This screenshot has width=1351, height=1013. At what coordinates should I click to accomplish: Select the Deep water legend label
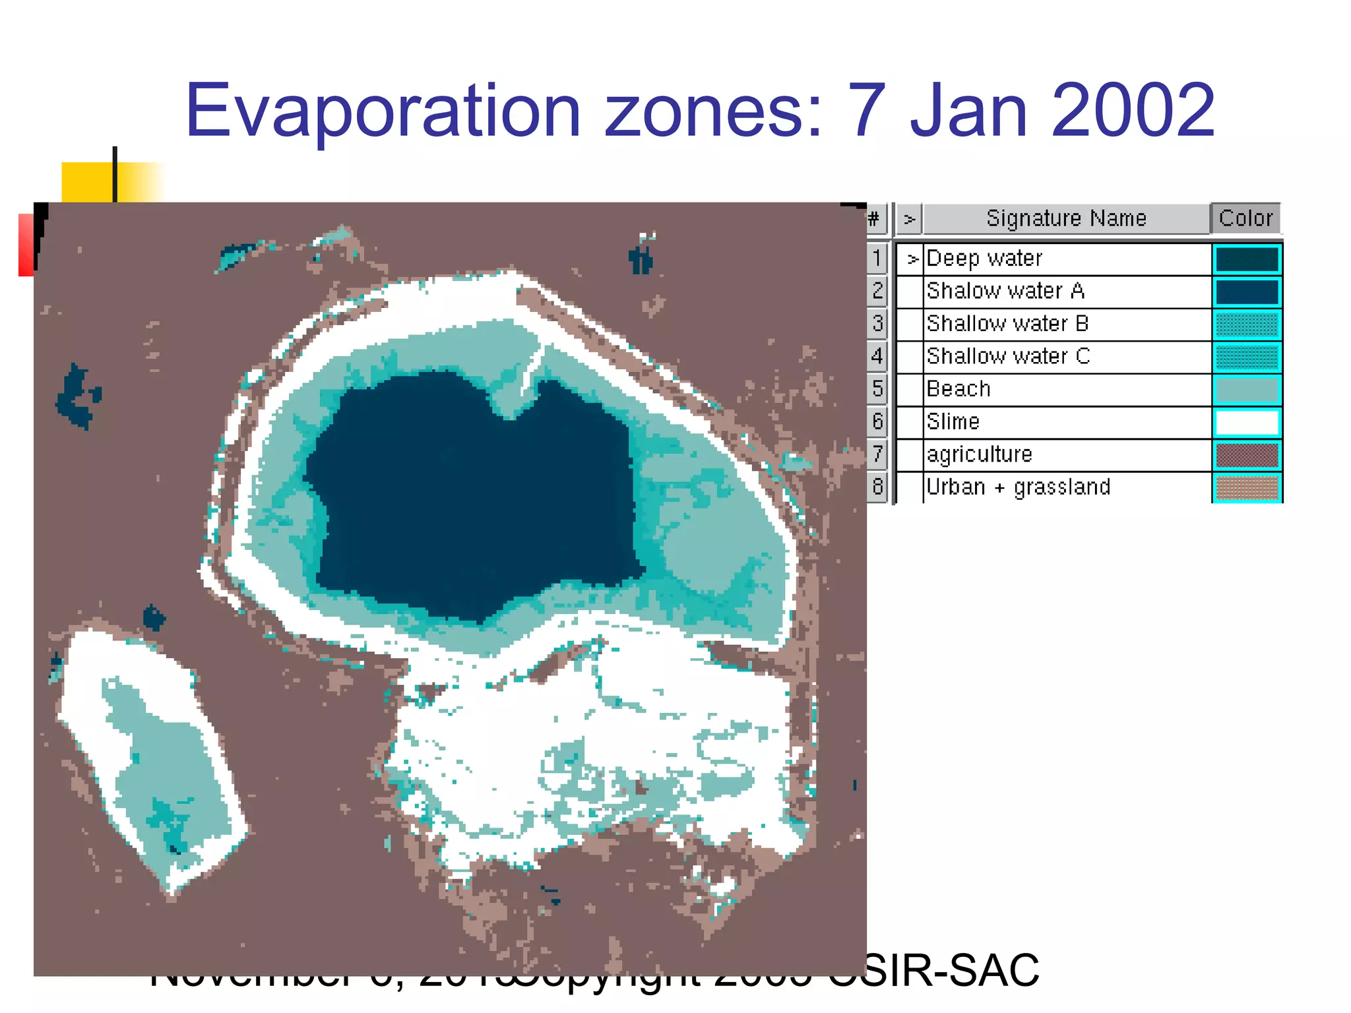984,259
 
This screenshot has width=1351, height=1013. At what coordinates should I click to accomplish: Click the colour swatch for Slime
1246,422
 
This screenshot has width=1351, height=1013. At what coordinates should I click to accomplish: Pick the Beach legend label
958,389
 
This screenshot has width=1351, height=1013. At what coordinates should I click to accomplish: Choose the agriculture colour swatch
1246,455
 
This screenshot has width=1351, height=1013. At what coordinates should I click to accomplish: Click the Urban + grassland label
1018,487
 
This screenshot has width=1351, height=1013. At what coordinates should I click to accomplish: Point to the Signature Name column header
1066,218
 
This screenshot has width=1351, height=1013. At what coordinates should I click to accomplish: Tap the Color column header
1245,218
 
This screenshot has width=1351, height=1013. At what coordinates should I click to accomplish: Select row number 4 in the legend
877,357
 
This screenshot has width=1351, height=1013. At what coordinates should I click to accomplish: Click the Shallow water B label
1007,324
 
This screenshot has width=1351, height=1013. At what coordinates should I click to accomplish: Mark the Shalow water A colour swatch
1246,292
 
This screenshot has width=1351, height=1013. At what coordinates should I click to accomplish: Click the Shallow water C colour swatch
1246,357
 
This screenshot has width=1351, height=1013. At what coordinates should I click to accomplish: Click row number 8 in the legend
877,487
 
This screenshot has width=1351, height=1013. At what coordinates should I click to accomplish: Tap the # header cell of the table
874,218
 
